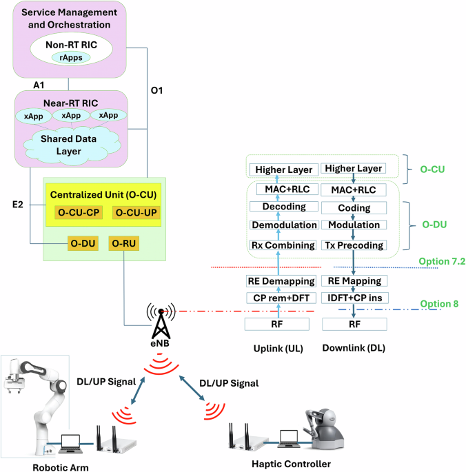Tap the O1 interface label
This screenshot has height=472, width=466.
pyautogui.click(x=159, y=90)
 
